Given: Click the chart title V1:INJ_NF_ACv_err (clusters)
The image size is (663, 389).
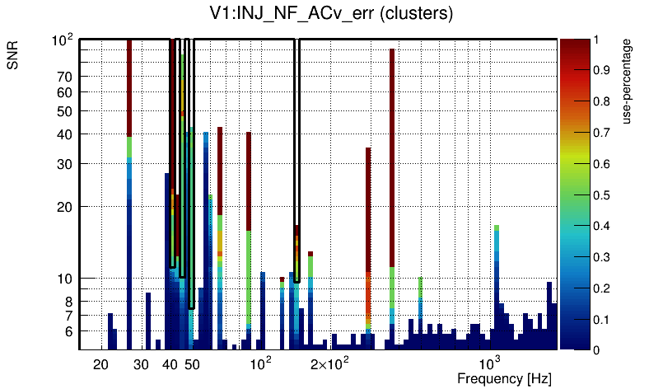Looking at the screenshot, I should coord(330,14).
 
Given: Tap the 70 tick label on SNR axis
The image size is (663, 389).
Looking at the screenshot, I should coord(64,77).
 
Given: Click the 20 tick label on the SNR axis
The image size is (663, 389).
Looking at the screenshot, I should coord(64,206).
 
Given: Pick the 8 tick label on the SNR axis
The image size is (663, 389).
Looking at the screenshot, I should coord(68,301).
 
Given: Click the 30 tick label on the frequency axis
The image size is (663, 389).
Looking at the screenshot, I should coord(141,364).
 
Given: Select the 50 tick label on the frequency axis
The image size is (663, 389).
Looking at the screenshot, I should coord(191,364).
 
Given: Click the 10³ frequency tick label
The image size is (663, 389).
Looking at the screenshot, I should coord(491,363).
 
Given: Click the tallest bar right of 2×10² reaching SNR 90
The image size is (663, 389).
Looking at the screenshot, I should coord(392,165).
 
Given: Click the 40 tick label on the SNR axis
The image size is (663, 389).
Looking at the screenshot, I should coord(64,134).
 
